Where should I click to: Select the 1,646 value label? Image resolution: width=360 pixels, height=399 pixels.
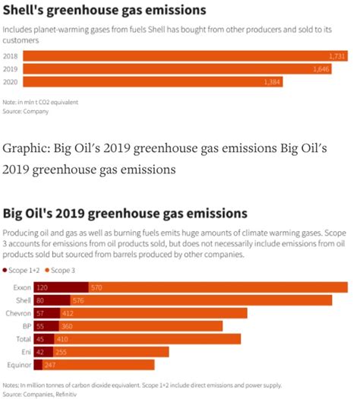point(321,69)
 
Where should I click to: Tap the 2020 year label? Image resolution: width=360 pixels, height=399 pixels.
point(11,81)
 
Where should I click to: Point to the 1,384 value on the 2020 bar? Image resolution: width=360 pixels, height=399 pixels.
point(272,81)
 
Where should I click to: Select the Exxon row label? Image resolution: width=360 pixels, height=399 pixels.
point(21,287)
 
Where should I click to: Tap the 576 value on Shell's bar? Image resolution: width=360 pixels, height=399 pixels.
point(77,300)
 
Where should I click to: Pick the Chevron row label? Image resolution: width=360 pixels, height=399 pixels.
point(18,313)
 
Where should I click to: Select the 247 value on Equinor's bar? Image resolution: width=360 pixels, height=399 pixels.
point(50,366)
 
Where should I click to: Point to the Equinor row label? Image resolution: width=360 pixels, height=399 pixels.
point(19,366)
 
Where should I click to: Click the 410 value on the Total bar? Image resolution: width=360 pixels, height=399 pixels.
point(63,339)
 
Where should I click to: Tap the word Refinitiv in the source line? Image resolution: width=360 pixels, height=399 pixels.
point(65,394)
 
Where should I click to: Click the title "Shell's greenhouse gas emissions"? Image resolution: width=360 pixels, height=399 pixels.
point(105,11)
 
